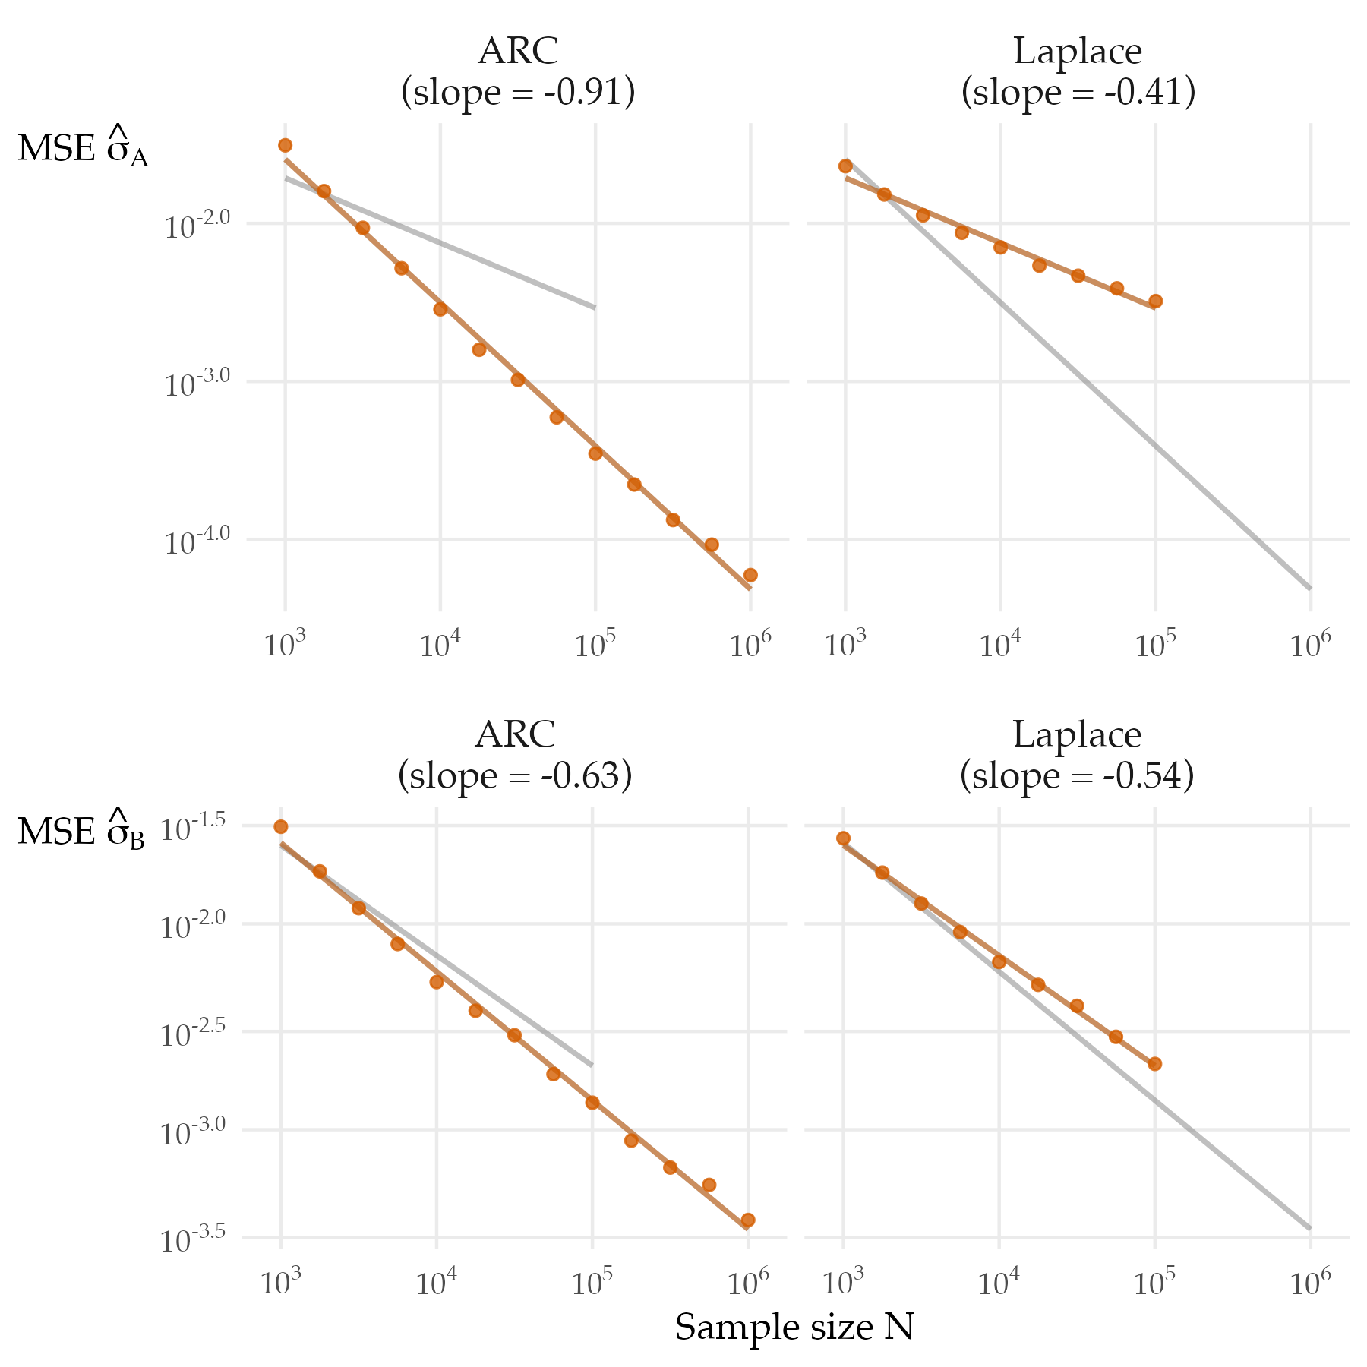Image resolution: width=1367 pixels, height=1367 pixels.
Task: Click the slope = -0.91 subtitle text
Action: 518,93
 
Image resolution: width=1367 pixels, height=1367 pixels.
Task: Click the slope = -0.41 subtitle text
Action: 1078,93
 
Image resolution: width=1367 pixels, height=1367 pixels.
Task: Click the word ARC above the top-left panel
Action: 518,52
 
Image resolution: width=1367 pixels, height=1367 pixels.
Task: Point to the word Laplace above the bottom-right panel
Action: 1076,735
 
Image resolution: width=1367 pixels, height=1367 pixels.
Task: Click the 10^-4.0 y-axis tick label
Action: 197,541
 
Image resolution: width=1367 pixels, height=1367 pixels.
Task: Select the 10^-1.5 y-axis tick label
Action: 192,829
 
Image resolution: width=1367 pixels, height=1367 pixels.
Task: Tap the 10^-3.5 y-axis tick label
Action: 192,1240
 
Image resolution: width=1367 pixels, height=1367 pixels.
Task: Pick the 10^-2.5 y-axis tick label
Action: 192,1034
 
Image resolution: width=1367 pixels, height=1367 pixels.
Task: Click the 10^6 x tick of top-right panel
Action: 1310,645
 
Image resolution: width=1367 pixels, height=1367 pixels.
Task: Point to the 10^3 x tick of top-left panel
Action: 285,645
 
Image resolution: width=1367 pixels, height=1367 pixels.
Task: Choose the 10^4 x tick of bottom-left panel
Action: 437,1283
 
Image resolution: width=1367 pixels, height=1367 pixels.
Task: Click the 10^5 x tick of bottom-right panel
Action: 1154,1283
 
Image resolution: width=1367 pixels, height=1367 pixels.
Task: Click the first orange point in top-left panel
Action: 285,145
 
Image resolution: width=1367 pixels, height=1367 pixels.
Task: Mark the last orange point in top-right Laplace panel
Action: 1155,301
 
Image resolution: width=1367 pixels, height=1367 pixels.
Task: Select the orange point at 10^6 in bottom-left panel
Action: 748,1220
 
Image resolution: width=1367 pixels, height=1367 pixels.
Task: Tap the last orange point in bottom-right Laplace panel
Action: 1155,1064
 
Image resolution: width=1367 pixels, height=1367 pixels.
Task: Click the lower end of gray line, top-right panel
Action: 1309,588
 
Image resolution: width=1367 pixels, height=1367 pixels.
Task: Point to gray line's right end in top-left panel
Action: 594,308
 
